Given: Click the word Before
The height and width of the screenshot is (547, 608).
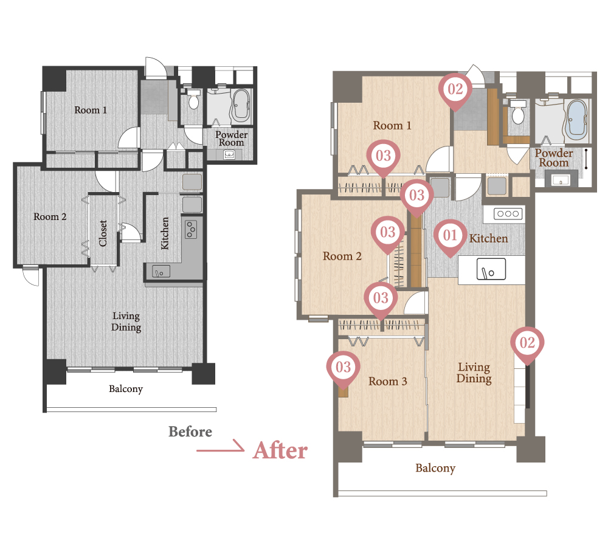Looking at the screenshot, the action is coord(190,432).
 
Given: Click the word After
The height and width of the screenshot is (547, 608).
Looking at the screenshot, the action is coord(280,450).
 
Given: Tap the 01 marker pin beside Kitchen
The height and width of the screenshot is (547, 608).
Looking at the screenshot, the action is coord(450,236).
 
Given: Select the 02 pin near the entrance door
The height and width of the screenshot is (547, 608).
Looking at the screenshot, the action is coord(455,91).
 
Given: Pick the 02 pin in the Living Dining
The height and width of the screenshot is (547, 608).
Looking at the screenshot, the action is coord(527,344).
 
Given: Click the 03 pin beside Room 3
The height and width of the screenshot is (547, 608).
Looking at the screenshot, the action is coord(343,368).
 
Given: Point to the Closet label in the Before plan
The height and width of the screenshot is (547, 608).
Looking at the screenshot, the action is coord(103,233).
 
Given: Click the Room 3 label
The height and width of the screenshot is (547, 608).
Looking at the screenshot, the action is coord(388,382).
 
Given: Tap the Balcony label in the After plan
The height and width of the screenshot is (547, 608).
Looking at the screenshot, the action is coord(435,469).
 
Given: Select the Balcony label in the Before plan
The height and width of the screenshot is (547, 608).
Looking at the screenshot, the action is coord(126,389).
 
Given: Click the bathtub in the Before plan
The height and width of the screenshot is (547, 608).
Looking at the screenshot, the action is coord(241,105).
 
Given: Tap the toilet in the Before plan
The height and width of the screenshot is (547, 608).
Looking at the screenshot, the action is coord(193,99).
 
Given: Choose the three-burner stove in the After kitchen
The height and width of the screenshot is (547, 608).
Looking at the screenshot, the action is coord(508,213).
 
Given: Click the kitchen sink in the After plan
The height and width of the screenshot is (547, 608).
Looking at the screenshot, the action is coord(491,269).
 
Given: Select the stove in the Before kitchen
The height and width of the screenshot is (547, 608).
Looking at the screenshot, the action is coord(191,229).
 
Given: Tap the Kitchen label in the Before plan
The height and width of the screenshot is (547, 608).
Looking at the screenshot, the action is coord(165,233).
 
